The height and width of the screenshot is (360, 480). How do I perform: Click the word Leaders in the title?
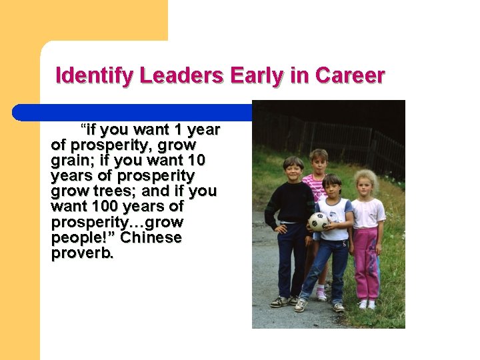[182, 76]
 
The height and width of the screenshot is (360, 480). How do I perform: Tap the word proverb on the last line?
[82, 253]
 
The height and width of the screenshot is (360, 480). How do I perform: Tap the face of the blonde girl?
[365, 184]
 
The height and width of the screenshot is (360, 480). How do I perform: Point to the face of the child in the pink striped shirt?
[319, 162]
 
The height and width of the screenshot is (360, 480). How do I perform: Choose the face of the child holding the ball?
[331, 187]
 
